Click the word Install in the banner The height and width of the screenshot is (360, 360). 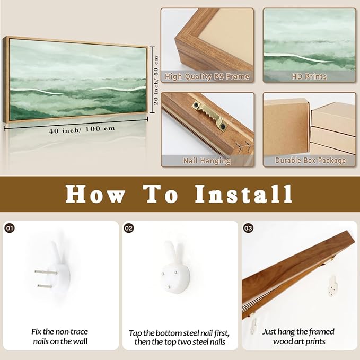tap(243, 194)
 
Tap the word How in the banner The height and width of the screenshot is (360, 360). tap(95, 194)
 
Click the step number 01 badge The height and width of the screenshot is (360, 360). tap(10, 228)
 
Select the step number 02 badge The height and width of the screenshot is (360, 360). tap(129, 228)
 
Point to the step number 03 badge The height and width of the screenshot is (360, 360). tap(248, 228)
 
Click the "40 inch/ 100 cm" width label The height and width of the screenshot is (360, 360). tap(82, 130)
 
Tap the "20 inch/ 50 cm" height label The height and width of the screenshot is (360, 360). tap(156, 80)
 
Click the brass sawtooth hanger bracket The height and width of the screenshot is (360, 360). tap(209, 117)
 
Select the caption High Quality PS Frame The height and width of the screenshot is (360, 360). tap(207, 77)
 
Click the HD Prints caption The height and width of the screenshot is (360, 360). tap(309, 77)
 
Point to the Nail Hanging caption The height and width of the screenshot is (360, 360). tap(207, 161)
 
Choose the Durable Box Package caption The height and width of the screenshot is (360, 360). tap(310, 161)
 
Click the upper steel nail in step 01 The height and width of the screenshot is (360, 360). tap(46, 273)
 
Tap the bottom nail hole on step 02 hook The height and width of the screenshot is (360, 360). tap(169, 287)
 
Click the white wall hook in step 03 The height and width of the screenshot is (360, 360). tap(332, 286)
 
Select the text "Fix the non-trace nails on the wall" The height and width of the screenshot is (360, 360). tap(60, 337)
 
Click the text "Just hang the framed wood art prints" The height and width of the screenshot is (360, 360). tap(298, 337)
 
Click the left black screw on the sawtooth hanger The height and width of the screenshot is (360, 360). tap(196, 105)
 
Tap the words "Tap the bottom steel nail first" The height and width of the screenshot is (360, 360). tap(179, 333)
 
